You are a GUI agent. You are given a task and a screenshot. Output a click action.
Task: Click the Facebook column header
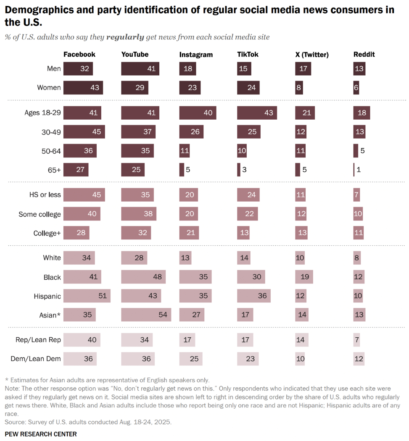tap(79, 55)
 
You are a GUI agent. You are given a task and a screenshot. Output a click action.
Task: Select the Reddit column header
tap(364, 55)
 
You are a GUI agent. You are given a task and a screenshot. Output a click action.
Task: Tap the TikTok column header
tap(248, 55)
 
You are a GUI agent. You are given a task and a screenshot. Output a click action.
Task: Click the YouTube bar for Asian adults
tap(146, 315)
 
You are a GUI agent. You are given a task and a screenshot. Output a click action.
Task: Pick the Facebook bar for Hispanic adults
tap(87, 296)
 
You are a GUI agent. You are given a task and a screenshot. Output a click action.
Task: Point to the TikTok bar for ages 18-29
tap(257, 113)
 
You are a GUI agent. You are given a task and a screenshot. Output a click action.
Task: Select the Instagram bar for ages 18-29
tap(198, 113)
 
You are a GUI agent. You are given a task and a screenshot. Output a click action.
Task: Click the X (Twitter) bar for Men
tap(303, 68)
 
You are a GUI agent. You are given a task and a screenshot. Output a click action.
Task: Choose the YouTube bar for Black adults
tap(143, 277)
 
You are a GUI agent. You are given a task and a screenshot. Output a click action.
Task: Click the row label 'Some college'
tap(40, 214)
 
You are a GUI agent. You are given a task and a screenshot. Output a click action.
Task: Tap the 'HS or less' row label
tap(44, 195)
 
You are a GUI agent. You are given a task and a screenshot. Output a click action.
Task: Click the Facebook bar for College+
tap(76, 233)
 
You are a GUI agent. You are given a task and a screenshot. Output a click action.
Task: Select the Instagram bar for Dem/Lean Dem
tap(190, 359)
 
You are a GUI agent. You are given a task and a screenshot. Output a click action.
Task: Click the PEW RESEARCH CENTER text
tap(41, 434)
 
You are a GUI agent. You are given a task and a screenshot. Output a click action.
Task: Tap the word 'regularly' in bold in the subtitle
tap(125, 37)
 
